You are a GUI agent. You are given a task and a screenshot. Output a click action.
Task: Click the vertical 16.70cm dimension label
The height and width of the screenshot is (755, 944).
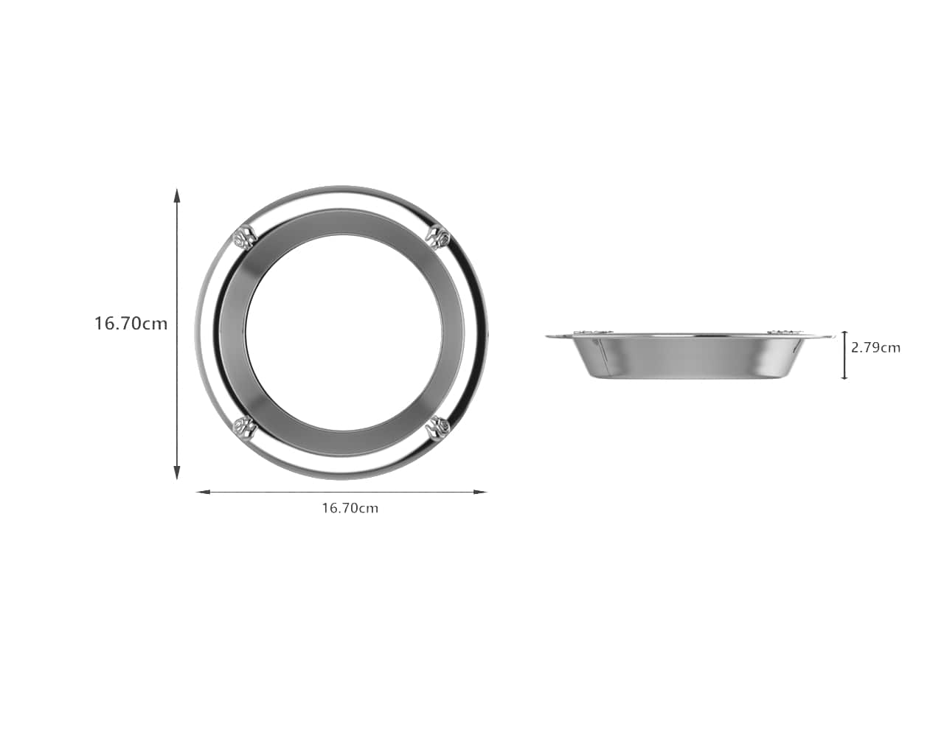(131, 324)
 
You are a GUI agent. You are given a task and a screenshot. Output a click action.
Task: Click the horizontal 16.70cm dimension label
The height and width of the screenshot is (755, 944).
(350, 509)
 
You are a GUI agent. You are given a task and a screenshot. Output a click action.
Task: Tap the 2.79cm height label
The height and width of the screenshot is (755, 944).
(875, 348)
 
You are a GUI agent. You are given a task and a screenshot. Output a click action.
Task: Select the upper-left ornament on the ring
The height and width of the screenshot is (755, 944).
(244, 238)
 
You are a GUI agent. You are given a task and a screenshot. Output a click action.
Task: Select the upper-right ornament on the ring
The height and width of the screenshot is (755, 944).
(439, 237)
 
